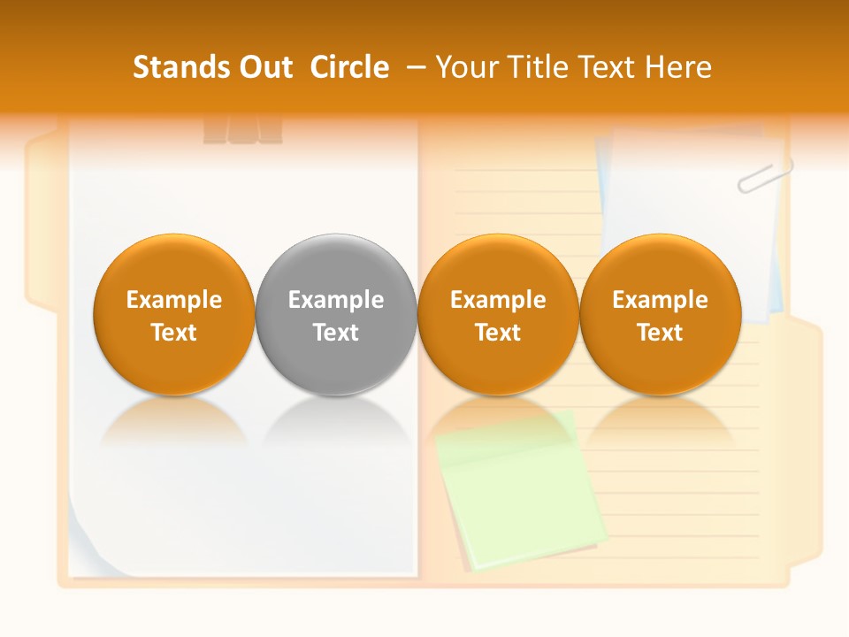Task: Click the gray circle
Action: tap(335, 314)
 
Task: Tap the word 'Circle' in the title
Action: tap(349, 67)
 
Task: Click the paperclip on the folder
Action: tap(764, 175)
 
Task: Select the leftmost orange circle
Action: tap(173, 314)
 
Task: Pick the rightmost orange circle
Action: tap(660, 314)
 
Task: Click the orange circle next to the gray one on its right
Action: tap(498, 314)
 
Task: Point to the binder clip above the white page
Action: tap(242, 129)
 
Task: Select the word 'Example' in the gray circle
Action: tap(336, 300)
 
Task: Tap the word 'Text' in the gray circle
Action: tap(336, 333)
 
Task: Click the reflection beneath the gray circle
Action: tap(335, 419)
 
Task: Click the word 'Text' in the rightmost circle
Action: tap(660, 333)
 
